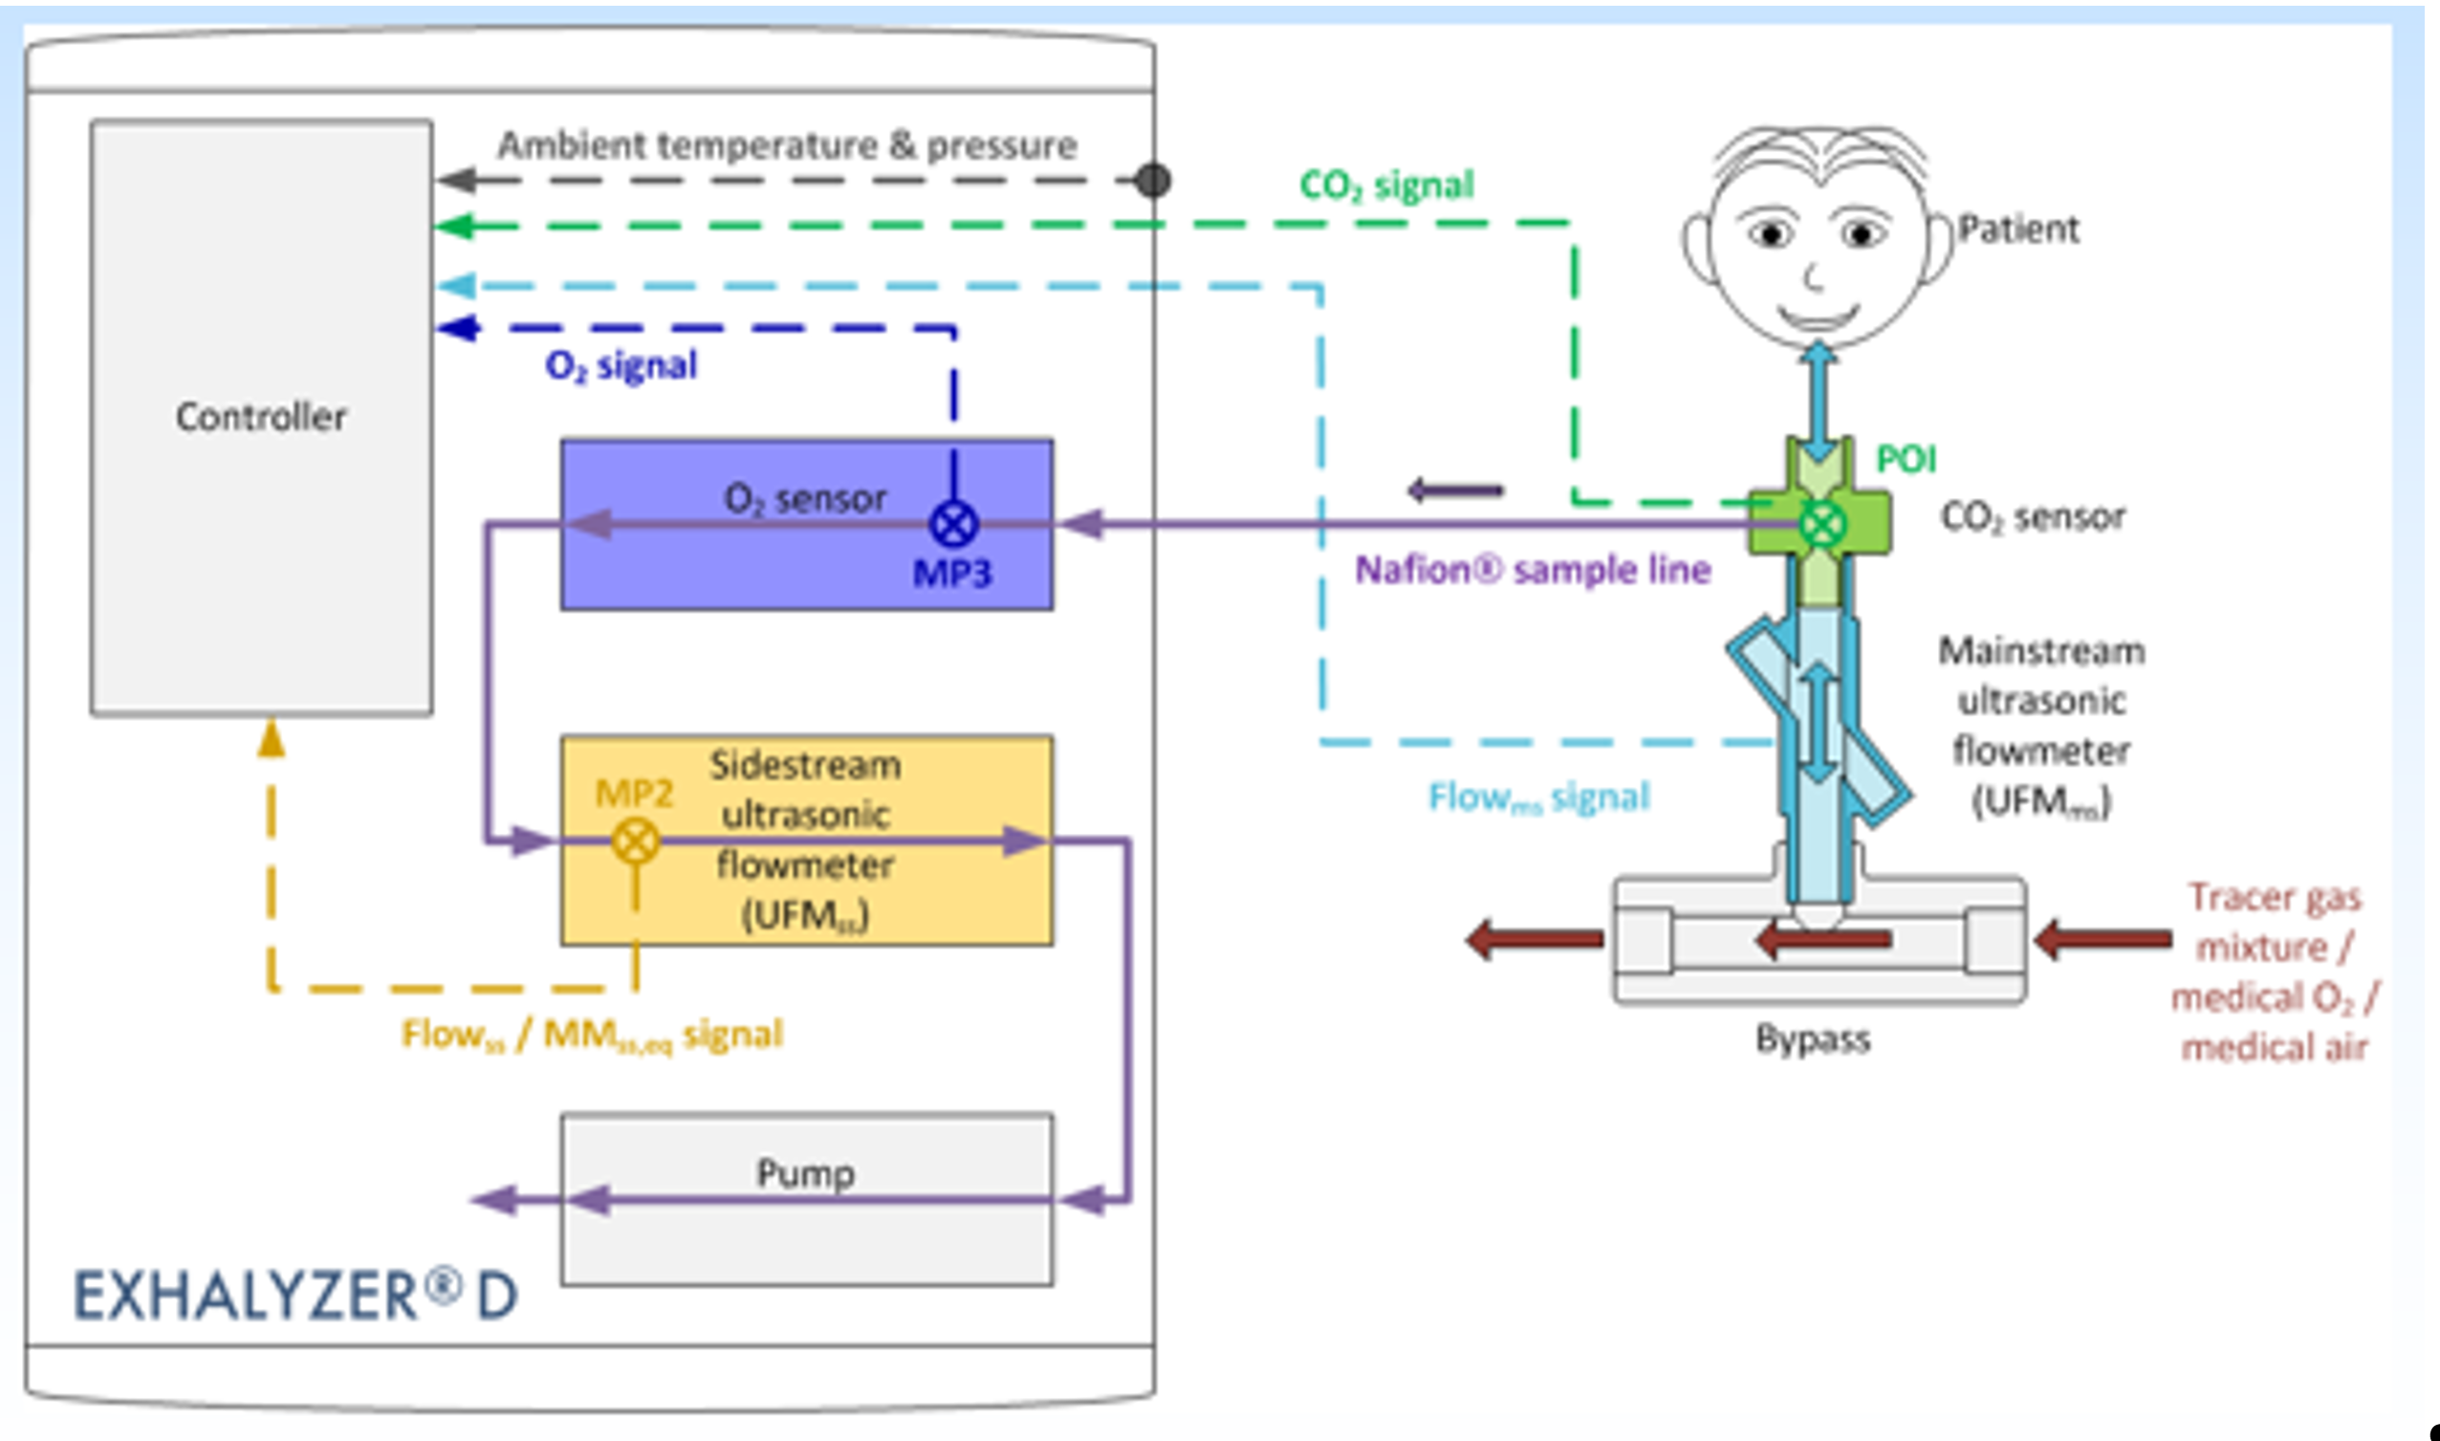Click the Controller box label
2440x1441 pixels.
[260, 417]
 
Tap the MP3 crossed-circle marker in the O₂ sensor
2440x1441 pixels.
[953, 524]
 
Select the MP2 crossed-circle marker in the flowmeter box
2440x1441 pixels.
[635, 840]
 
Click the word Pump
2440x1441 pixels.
[805, 1173]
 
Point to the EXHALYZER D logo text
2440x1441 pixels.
[296, 1297]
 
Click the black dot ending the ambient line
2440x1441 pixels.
[1152, 180]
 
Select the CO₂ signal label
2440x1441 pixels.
[1386, 185]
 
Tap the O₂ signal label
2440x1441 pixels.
[621, 366]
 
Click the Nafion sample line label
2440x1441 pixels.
[1532, 570]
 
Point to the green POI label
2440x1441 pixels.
[1906, 458]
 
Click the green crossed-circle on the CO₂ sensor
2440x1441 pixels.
[1822, 524]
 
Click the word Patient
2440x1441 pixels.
[2017, 229]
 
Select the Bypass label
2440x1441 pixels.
[1812, 1039]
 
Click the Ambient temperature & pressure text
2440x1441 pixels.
[787, 145]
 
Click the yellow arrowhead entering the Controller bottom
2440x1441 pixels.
[271, 740]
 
